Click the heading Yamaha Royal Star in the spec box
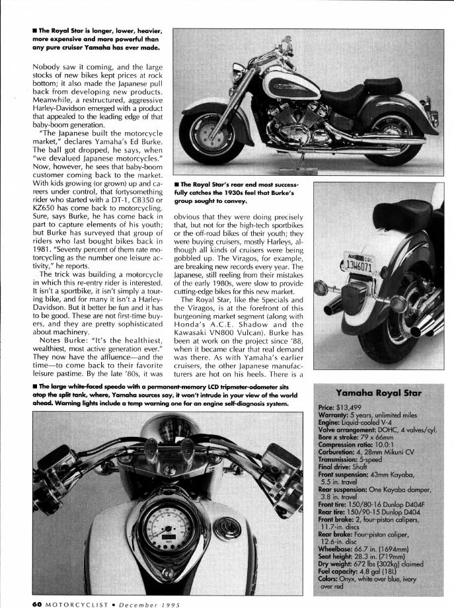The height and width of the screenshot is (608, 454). tap(378, 393)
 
